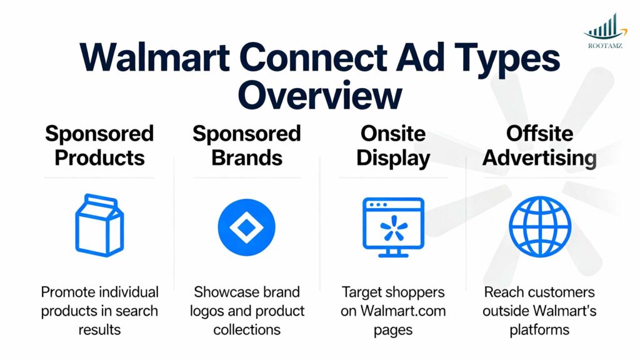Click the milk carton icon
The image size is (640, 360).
99,226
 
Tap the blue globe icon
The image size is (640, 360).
539,227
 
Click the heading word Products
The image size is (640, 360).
99,157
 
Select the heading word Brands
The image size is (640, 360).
246,157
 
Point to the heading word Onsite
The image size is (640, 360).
392,134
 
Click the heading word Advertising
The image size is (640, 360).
539,157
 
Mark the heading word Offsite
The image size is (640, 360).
539,134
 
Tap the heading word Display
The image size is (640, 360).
392,157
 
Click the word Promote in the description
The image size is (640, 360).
64,292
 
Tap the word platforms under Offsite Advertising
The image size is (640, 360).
539,329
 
